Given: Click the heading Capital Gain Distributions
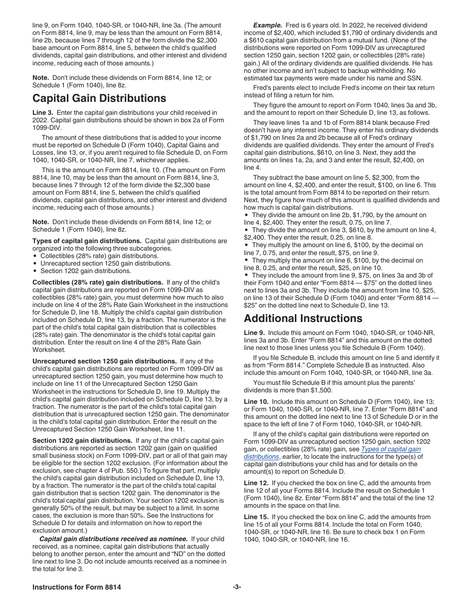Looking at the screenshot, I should pos(99,98).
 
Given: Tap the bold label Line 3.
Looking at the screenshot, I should pos(43,112).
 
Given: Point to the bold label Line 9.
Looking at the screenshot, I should pos(254,333).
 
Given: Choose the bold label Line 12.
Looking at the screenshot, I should pos(256,483).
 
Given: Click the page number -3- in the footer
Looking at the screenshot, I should pos(237,587).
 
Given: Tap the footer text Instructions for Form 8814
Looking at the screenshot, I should pos(76,587).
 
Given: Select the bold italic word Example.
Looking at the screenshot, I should pos(267,25).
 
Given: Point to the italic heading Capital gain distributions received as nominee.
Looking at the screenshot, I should pos(113,539).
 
